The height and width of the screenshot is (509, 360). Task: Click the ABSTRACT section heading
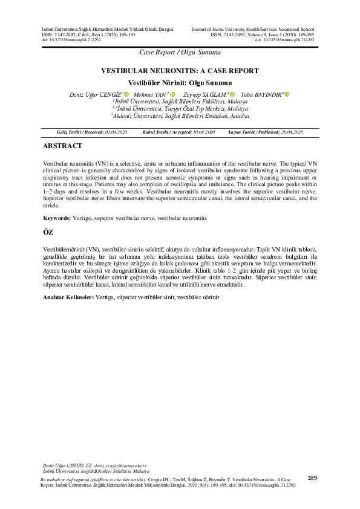pyautogui.click(x=62, y=146)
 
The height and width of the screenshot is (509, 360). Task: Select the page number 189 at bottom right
pyautogui.click(x=312, y=478)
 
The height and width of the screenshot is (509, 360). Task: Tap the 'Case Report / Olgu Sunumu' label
pyautogui.click(x=180, y=53)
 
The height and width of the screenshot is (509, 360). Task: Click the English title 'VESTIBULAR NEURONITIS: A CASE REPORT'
pyautogui.click(x=180, y=71)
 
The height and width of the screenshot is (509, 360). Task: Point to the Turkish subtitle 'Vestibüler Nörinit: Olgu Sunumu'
pyautogui.click(x=180, y=82)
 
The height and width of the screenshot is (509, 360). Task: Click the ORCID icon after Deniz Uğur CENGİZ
pyautogui.click(x=127, y=94)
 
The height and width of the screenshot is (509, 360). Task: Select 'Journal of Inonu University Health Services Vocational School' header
pyautogui.click(x=253, y=29)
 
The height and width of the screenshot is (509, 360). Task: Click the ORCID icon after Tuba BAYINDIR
pyautogui.click(x=287, y=94)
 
